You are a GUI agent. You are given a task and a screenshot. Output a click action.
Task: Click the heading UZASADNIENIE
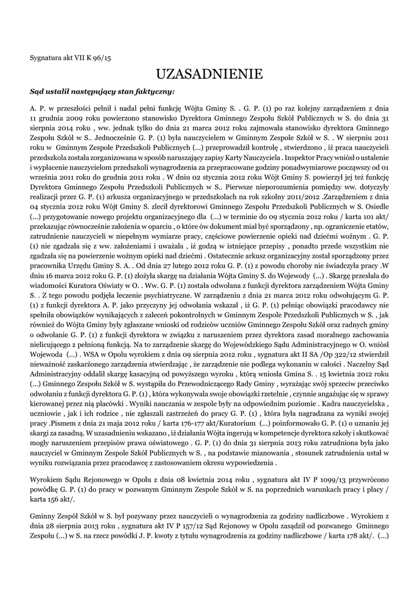pyautogui.click(x=209, y=74)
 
